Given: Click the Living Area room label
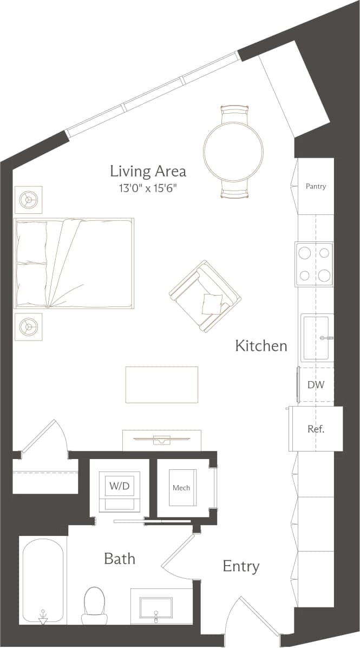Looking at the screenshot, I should [148, 172].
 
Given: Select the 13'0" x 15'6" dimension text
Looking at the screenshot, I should [148, 188].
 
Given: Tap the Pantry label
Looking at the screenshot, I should [316, 186].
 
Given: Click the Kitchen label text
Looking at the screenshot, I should [261, 346].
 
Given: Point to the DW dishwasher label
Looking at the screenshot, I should [316, 385].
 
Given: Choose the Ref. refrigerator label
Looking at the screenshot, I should [316, 429].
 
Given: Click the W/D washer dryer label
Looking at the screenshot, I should [120, 486].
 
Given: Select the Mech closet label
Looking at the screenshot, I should [181, 488].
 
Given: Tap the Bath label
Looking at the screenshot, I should [120, 559].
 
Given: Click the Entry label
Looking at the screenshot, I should [241, 567].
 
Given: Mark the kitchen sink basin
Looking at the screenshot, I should [317, 338].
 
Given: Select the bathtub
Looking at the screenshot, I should [43, 582].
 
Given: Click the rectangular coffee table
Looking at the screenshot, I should [162, 384].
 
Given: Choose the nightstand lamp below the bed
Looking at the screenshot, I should [28, 326].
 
